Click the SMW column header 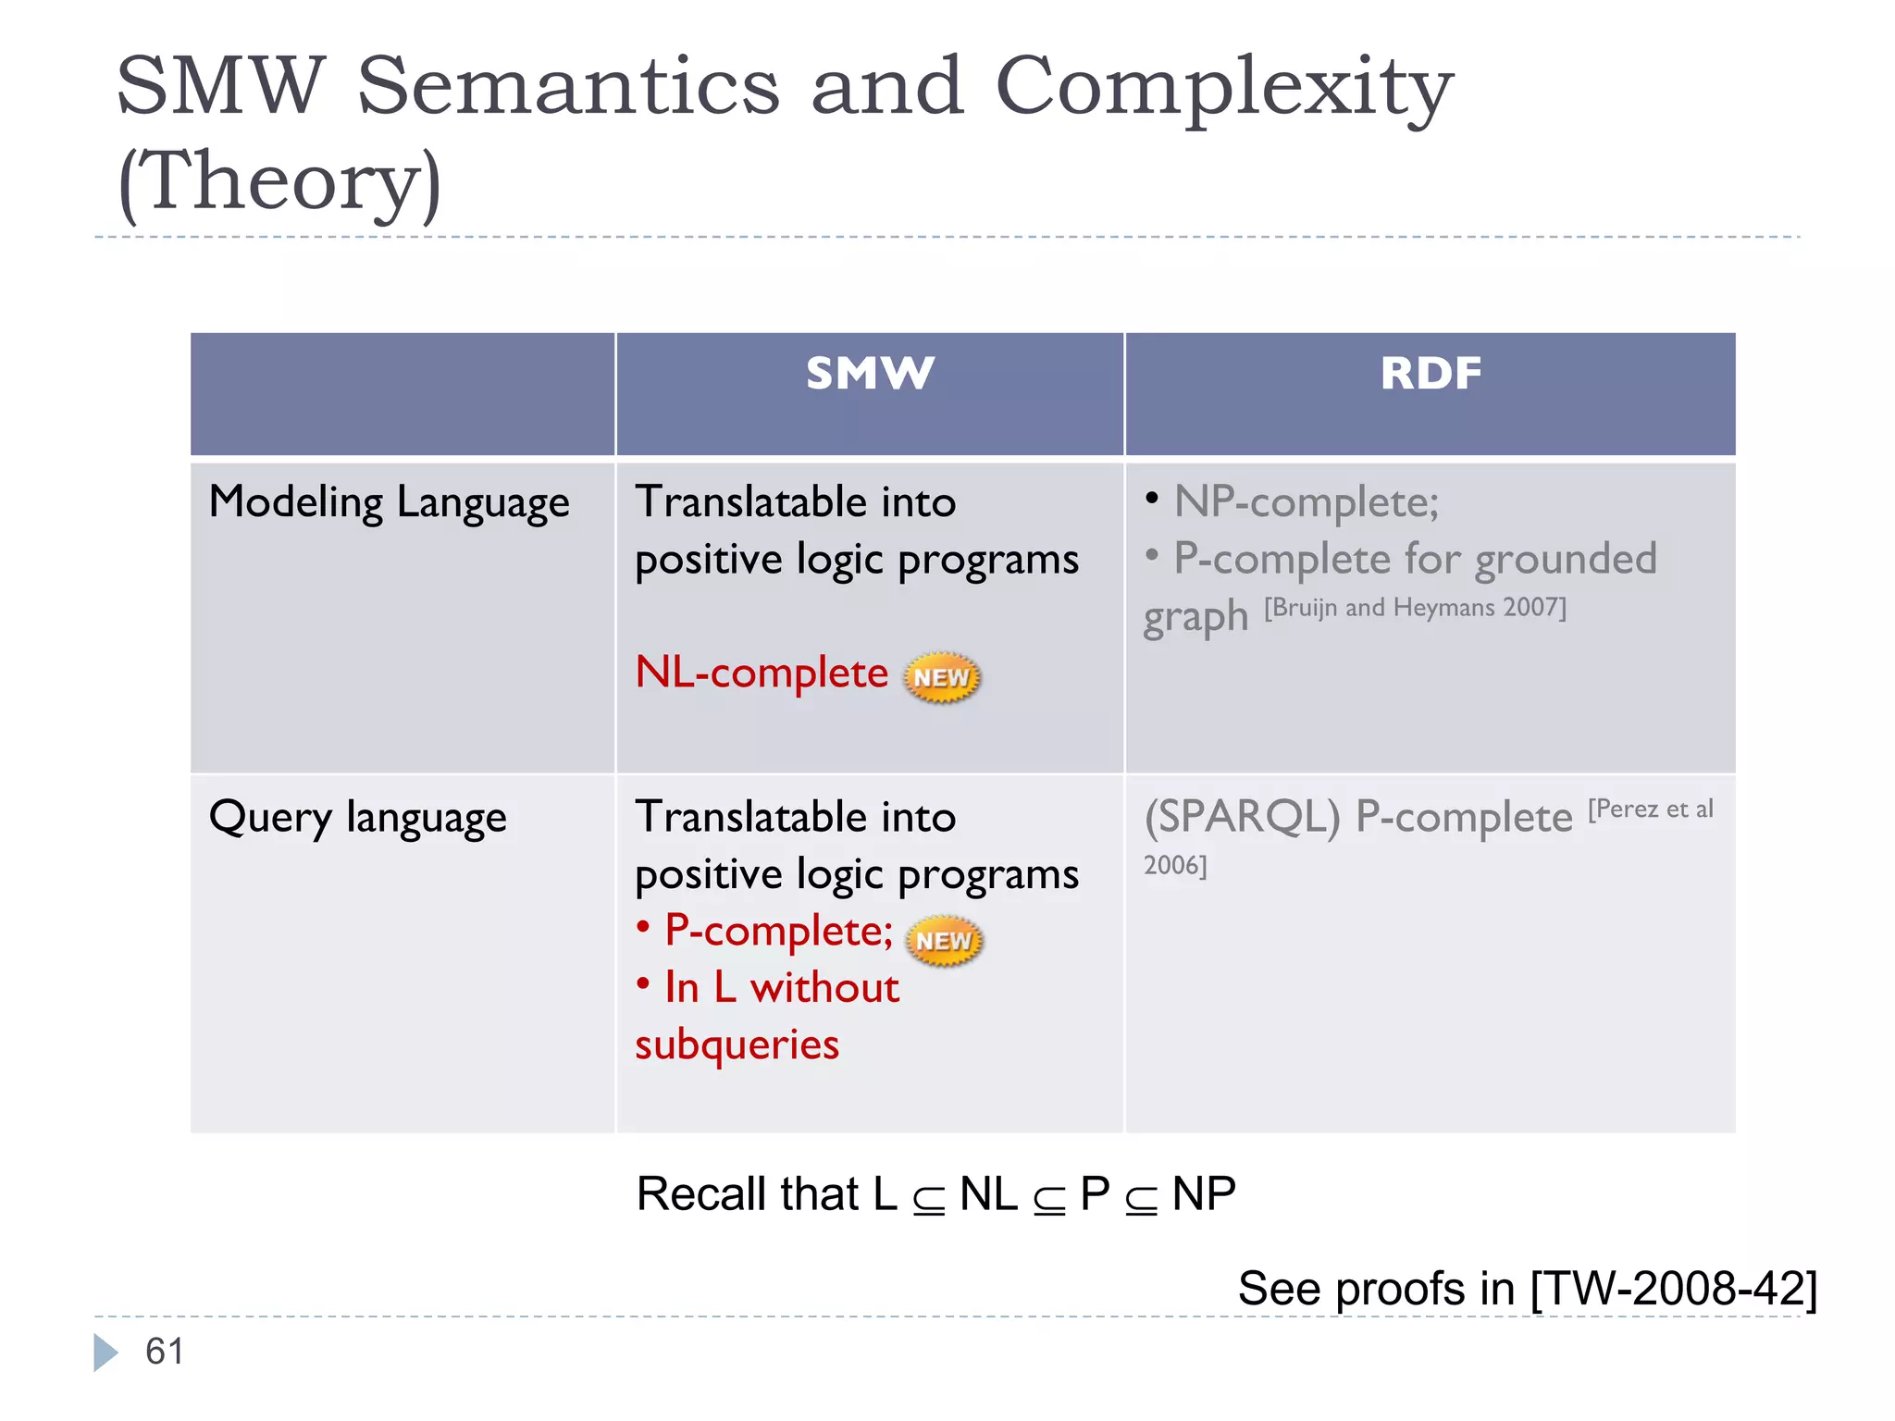[x=870, y=374]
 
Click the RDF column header [x=1431, y=374]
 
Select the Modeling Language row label [x=389, y=503]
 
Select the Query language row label [x=358, y=818]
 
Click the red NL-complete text [x=762, y=673]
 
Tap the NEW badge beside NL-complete [x=941, y=677]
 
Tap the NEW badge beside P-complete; [x=943, y=941]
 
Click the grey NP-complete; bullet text [x=1306, y=502]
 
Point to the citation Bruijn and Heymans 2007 [x=1415, y=608]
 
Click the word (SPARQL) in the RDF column [x=1242, y=818]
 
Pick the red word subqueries [x=737, y=1045]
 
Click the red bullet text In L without [x=781, y=988]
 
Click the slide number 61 [x=165, y=1352]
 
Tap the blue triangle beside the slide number [x=105, y=1353]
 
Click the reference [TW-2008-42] [x=1673, y=1289]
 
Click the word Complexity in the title [x=1223, y=88]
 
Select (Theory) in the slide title [x=280, y=182]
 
